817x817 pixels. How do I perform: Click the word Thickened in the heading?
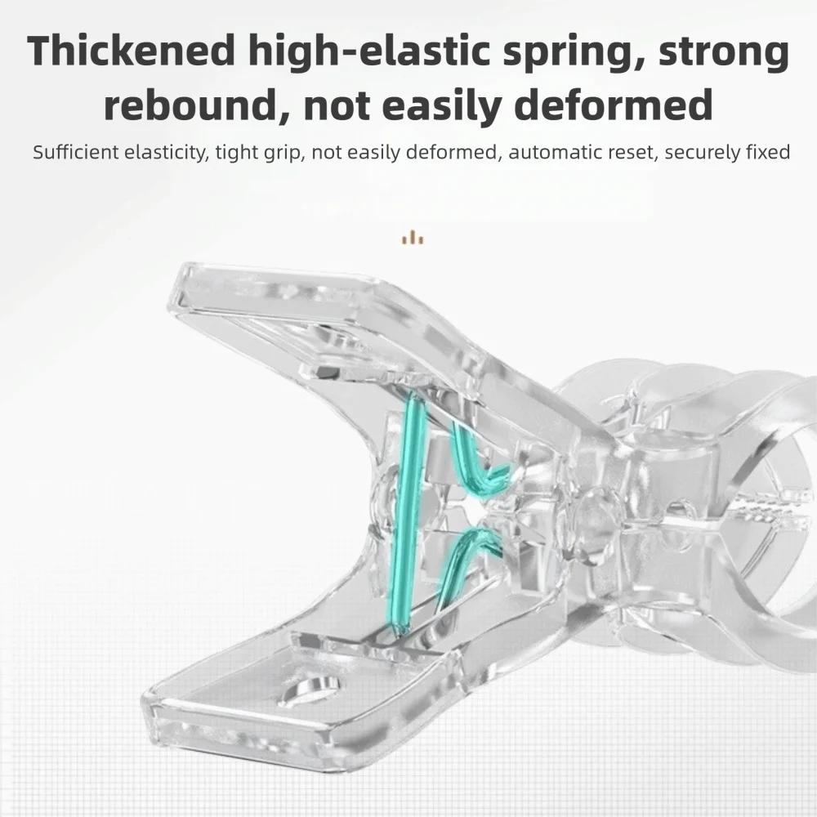[132, 51]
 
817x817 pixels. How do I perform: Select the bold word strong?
[724, 52]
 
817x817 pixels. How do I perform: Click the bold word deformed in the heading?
[614, 103]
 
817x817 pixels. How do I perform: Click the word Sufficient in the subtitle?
[76, 152]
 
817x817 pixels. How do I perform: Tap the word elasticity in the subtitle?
[166, 154]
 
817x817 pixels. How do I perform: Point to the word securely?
[701, 154]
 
